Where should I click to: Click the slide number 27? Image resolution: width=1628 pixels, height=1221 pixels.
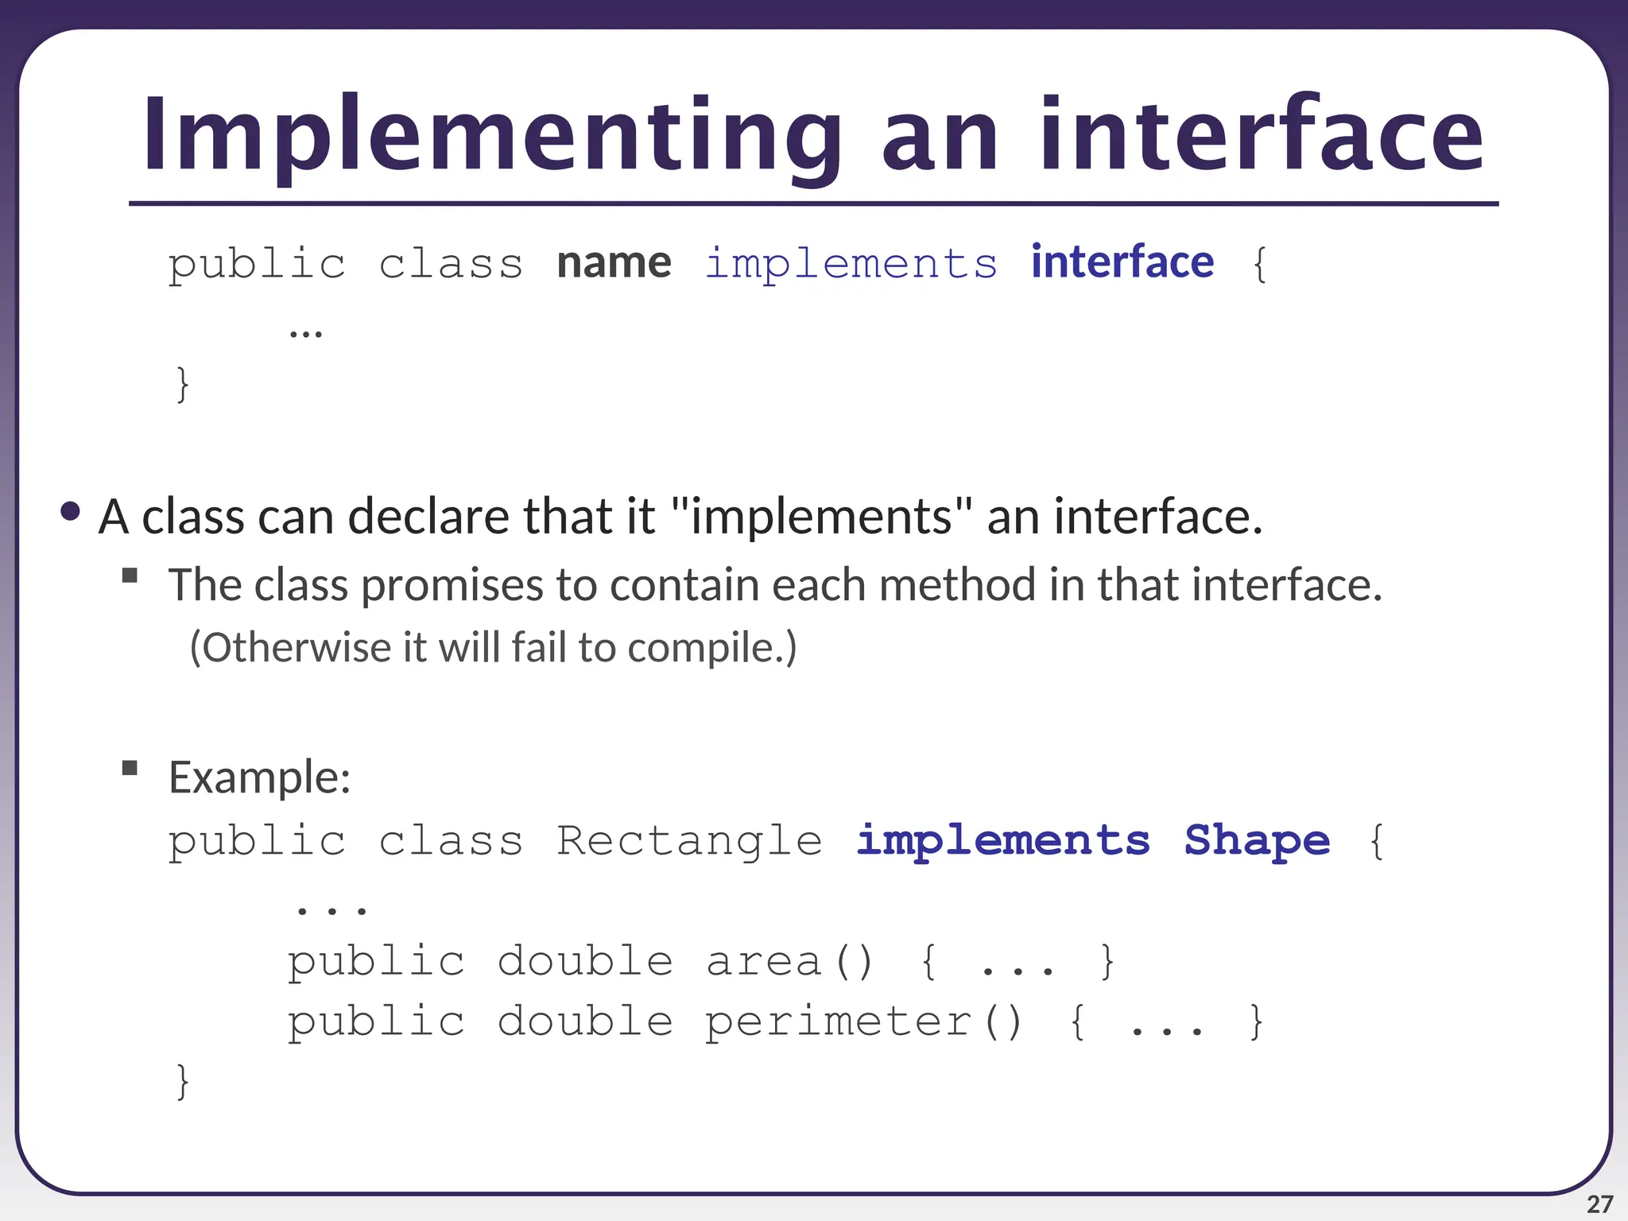tap(1599, 1204)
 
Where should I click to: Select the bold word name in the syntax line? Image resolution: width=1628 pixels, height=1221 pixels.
tap(614, 263)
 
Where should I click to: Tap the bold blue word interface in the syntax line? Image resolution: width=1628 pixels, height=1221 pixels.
tap(1122, 262)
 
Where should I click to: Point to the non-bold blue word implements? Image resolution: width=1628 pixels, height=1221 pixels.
tap(851, 264)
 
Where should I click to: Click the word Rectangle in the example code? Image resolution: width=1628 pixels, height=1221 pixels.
tap(689, 841)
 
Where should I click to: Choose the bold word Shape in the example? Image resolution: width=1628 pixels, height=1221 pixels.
tap(1257, 841)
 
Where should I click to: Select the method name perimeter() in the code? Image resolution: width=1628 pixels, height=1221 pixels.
tap(863, 1022)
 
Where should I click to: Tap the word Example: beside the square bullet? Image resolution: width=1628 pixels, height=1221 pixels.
tap(259, 777)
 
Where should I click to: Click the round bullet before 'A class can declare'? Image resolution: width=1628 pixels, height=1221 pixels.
tap(70, 512)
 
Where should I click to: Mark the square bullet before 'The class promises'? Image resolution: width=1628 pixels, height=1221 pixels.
tap(130, 575)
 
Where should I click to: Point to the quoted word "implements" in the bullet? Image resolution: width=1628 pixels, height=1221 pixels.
tap(821, 517)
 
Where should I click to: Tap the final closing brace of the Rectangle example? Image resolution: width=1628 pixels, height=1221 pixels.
tap(183, 1082)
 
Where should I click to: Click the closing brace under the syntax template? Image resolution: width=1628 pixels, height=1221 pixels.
tap(183, 384)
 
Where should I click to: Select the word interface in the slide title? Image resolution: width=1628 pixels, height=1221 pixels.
tap(1261, 135)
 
